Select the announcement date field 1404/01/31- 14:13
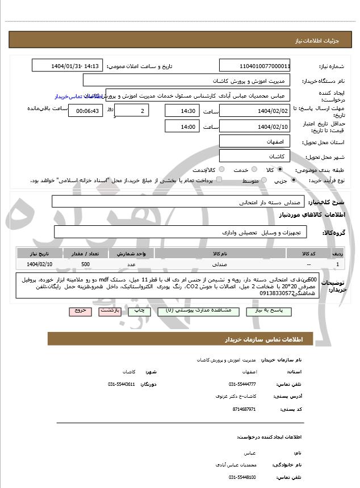coord(68,66)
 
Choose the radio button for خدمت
coord(253,170)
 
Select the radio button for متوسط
coord(263,180)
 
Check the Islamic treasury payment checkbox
coord(219,180)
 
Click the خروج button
coord(79,312)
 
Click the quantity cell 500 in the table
coord(85,264)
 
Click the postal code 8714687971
coord(244,409)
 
